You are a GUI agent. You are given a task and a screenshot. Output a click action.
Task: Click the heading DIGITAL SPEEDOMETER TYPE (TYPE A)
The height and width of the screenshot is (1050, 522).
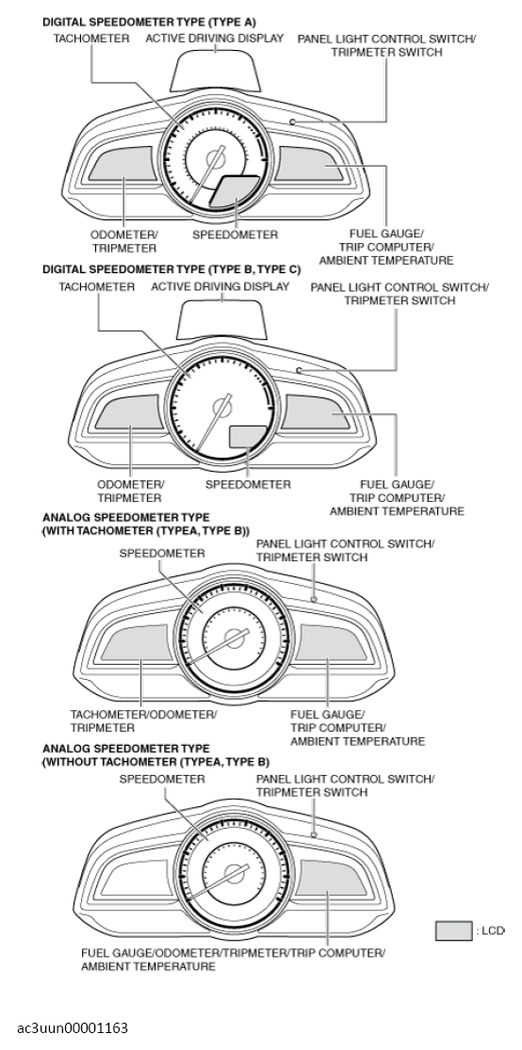coord(149,22)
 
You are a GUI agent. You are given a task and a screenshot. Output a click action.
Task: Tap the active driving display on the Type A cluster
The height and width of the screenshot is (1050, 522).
coord(216,70)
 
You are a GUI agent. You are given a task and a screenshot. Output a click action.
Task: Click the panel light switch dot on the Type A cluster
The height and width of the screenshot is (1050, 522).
coord(293,121)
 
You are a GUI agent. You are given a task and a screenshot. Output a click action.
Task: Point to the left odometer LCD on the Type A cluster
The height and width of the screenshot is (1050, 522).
coord(121,166)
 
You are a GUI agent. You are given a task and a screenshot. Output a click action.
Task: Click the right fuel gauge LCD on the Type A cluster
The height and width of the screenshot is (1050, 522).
coord(312,166)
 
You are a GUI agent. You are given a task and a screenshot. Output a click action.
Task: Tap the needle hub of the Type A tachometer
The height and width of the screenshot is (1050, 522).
coord(215,159)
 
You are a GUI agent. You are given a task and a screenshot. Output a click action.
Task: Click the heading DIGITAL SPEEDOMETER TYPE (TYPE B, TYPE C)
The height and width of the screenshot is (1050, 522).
coord(171,270)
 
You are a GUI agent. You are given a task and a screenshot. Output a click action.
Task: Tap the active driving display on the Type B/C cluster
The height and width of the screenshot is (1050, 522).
coord(223,318)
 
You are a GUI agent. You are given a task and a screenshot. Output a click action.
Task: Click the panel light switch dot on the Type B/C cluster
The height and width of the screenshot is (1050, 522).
coord(300,370)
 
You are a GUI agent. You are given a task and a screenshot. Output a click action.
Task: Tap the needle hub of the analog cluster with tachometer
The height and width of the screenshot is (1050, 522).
coord(235,637)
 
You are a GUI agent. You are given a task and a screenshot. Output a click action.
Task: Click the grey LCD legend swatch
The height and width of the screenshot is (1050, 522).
coord(453,930)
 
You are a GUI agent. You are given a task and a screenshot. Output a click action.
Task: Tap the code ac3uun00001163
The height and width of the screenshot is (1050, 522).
coord(73,1027)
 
